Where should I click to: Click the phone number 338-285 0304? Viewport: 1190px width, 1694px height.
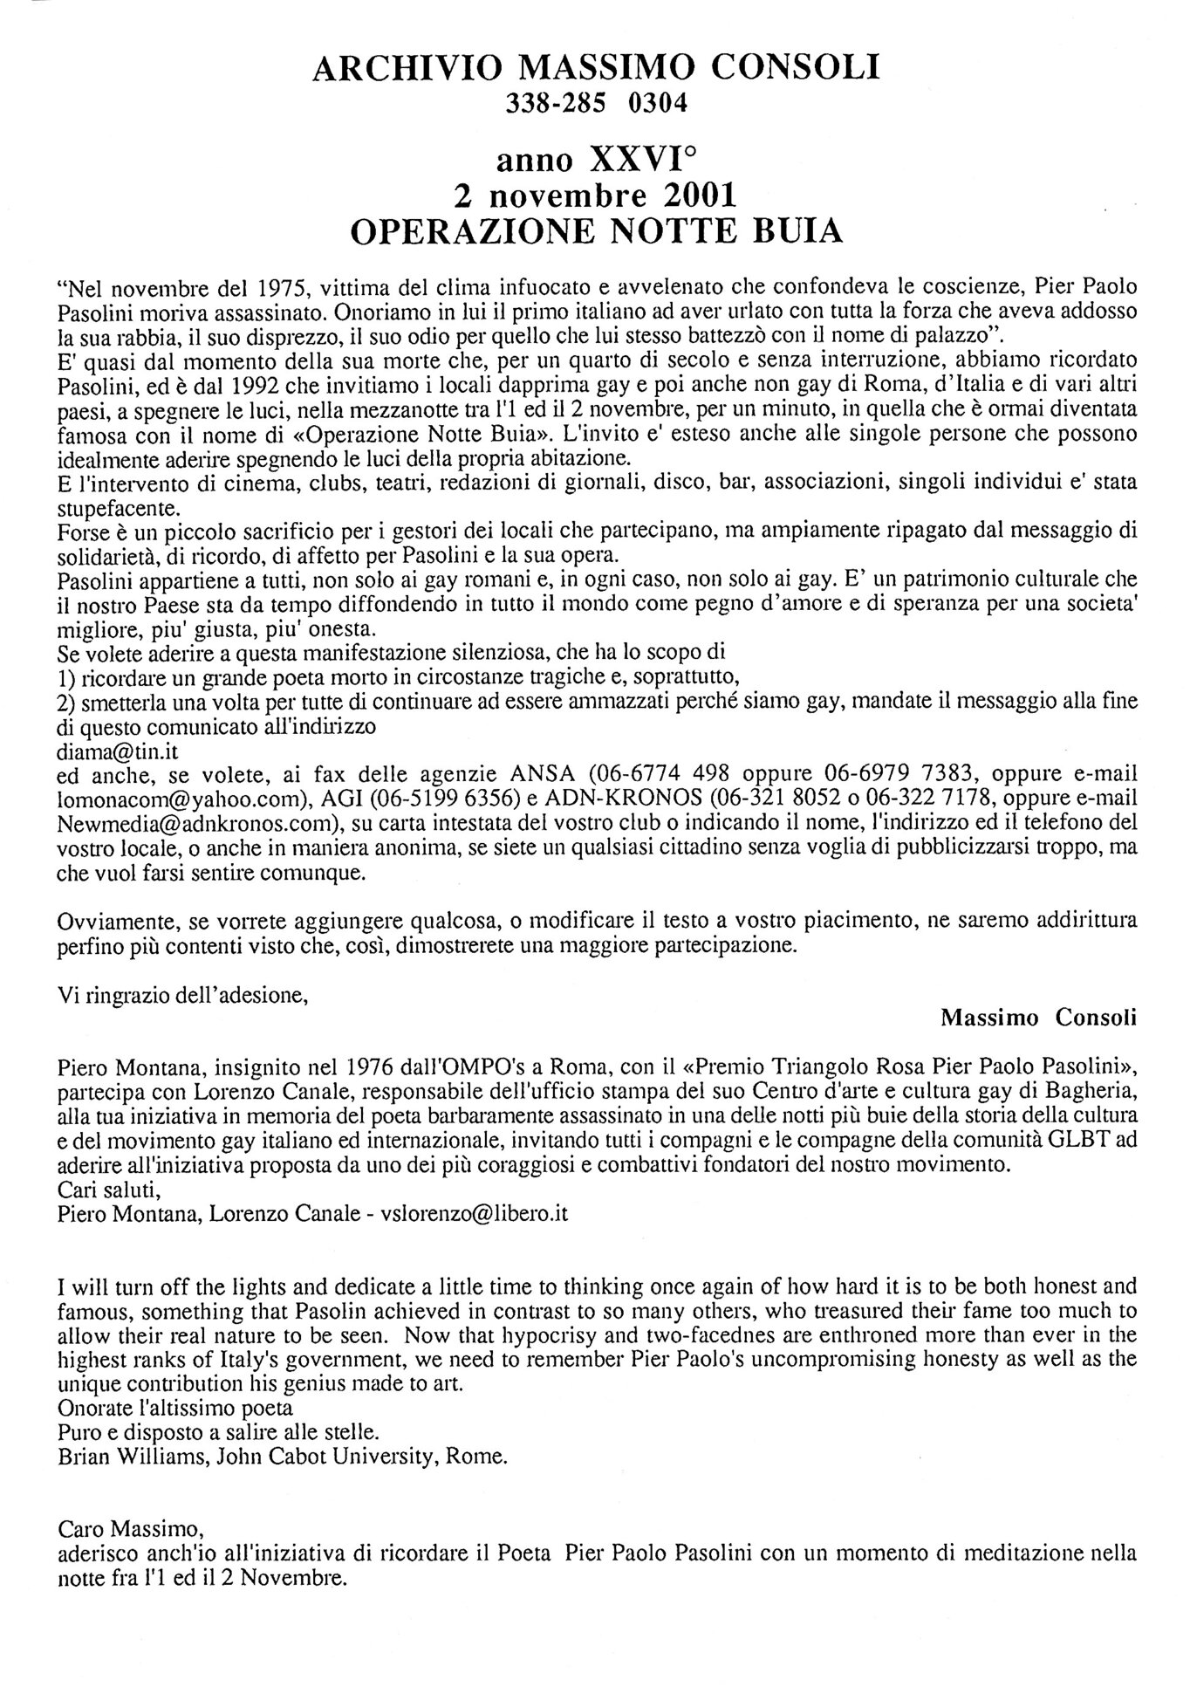(x=597, y=104)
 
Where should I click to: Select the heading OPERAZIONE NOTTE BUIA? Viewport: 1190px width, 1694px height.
(x=596, y=231)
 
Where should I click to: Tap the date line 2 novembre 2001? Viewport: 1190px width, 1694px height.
(x=596, y=195)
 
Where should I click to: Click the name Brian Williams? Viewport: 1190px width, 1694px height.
(x=121, y=1456)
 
